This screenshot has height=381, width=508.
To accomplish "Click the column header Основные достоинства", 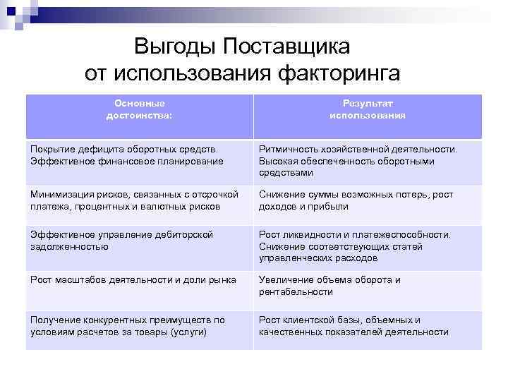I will tap(139, 109).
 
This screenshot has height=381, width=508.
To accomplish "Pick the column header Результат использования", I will tap(367, 109).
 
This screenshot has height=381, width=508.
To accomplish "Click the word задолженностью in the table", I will tap(69, 246).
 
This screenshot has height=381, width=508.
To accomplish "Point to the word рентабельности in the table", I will tap(296, 291).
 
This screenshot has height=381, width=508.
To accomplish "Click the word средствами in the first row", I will tap(285, 172).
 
